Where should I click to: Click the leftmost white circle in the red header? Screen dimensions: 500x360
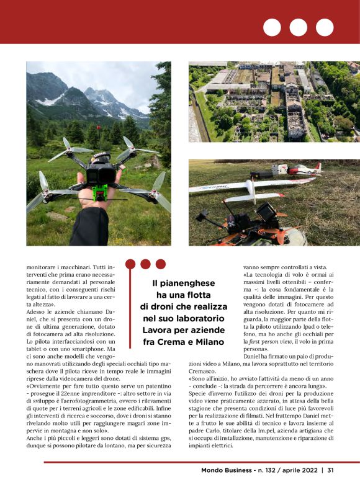coord(272,27)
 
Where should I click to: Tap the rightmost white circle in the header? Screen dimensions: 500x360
coord(325,27)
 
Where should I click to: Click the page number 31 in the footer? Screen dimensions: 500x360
coord(331,470)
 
